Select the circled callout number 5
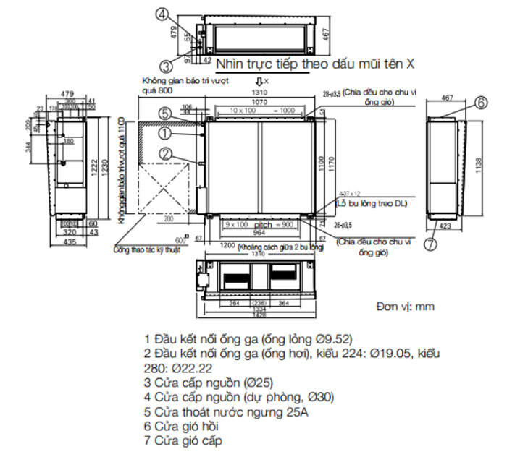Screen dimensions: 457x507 click(x=165, y=114)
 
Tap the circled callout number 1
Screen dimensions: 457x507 click(x=165, y=133)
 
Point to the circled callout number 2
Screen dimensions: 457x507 click(x=165, y=153)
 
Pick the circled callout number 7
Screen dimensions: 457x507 click(x=430, y=244)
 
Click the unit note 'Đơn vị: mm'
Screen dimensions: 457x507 click(x=405, y=307)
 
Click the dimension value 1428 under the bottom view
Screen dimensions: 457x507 click(x=259, y=316)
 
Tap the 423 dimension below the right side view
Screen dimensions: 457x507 click(x=446, y=226)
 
